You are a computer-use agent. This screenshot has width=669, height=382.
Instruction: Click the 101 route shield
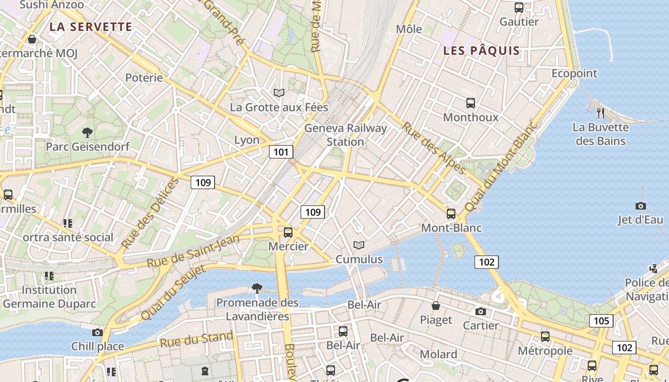281,152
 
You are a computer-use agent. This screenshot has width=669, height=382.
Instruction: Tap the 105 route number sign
601,320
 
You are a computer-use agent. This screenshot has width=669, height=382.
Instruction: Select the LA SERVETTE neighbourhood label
91,27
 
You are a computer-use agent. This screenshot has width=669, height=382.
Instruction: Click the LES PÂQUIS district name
481,51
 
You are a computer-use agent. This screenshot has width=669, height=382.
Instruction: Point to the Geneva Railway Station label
345,135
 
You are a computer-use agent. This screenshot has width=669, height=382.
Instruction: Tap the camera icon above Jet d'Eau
641,206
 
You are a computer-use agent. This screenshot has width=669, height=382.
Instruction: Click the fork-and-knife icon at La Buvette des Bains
601,113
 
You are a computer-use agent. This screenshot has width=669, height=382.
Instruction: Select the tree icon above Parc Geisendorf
87,132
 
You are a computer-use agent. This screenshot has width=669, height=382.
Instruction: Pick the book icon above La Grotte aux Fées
279,93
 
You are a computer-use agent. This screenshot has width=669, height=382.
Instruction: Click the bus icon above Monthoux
471,103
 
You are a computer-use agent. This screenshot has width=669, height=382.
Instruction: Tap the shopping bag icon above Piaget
436,306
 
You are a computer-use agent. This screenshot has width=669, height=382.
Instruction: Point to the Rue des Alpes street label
434,149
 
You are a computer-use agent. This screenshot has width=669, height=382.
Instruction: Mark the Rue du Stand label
196,340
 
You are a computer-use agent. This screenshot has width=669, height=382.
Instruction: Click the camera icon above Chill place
97,332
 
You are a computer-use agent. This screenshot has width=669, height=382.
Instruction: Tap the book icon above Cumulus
359,245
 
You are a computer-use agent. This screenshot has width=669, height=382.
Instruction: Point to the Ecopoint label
574,74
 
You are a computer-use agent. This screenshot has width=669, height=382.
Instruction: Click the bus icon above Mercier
288,233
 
